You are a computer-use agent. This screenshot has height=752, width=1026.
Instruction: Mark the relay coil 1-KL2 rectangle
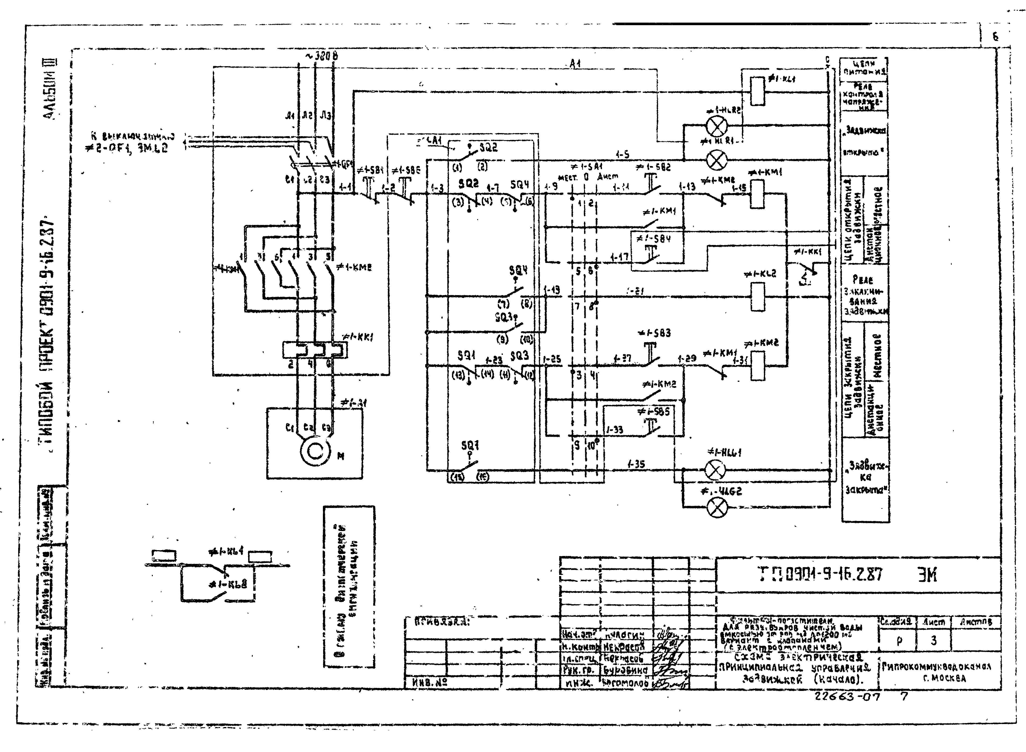coord(757,297)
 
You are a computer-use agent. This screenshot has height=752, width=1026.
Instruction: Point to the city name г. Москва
coord(939,678)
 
